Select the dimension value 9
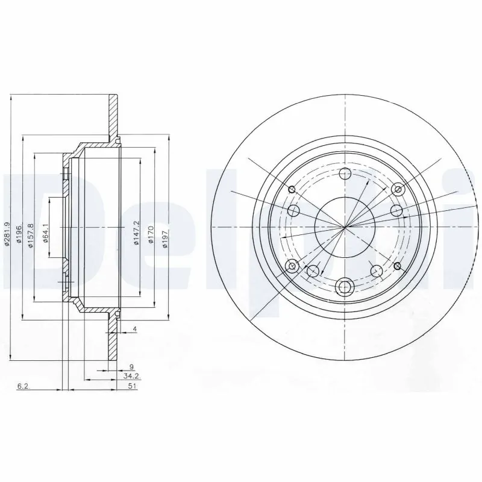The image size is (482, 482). [x=131, y=366]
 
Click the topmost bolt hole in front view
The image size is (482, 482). [x=345, y=175]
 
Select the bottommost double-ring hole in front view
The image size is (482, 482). [x=345, y=286]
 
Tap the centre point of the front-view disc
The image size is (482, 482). [x=345, y=227]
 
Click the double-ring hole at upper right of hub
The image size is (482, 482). [x=397, y=190]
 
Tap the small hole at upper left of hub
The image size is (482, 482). [x=292, y=190]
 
